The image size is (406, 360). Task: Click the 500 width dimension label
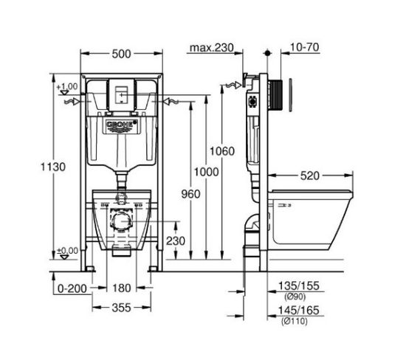[x=122, y=54]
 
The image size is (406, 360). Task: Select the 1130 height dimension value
[x=53, y=167]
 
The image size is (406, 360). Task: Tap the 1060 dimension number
[x=222, y=151]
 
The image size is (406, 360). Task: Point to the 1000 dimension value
[x=207, y=172]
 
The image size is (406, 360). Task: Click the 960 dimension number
[x=191, y=194]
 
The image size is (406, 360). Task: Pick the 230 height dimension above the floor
[x=176, y=241]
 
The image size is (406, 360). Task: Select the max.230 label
[x=212, y=48]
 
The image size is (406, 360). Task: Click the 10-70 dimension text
[x=304, y=47]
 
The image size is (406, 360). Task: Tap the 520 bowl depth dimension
[x=310, y=176]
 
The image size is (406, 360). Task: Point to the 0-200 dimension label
[x=72, y=288]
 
